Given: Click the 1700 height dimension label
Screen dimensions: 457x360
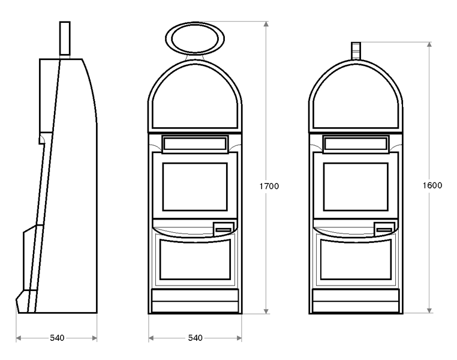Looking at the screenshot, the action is coord(269,186).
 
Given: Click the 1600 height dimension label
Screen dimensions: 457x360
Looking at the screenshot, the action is coord(432,185).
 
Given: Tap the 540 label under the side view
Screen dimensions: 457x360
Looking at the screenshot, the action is coord(57,338).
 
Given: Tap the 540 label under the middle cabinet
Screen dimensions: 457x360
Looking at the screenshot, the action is coord(196,338).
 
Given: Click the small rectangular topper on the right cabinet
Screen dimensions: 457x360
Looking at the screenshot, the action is coord(356,51).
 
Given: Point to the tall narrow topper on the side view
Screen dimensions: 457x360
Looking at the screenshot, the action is coord(65,38).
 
